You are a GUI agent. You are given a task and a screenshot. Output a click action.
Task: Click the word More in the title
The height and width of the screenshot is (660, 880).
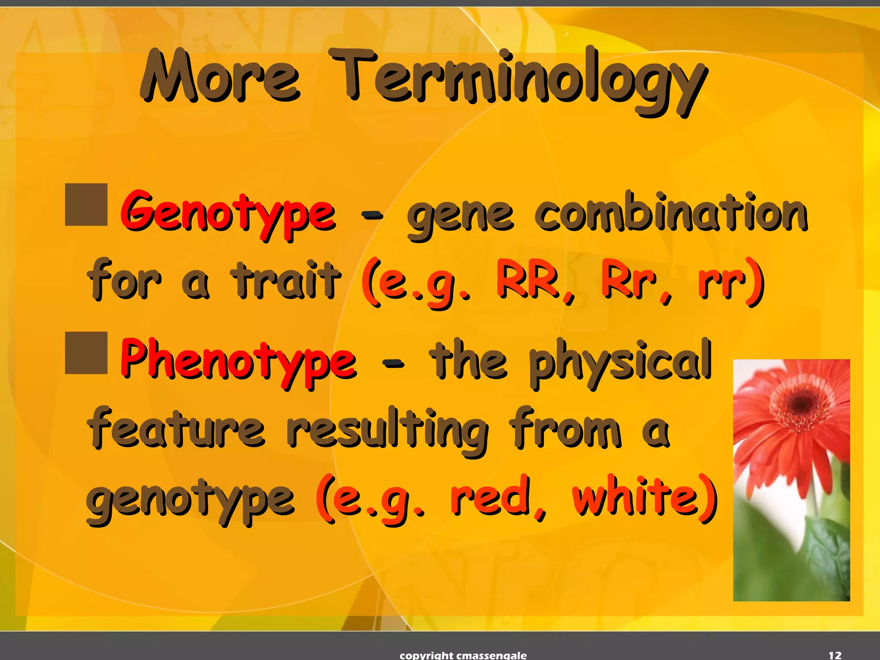tap(219, 77)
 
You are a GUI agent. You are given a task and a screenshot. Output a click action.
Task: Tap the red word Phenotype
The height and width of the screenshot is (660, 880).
tap(238, 361)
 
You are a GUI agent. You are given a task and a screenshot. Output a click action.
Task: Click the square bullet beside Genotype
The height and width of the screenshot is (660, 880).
tap(86, 205)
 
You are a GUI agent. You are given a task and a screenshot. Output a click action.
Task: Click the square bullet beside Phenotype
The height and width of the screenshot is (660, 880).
tap(86, 352)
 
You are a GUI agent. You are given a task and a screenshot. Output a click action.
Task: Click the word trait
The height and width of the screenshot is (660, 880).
tap(286, 280)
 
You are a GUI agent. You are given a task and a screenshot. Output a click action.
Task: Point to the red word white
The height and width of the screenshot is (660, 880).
tap(636, 498)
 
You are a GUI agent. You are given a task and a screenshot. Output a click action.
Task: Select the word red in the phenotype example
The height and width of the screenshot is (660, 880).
tap(490, 498)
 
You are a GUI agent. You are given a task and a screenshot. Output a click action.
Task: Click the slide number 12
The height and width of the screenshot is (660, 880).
tap(835, 655)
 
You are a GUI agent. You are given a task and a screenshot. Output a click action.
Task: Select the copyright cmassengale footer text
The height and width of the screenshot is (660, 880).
tap(463, 655)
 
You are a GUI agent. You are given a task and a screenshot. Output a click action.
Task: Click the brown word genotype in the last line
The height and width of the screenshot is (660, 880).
tap(190, 501)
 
